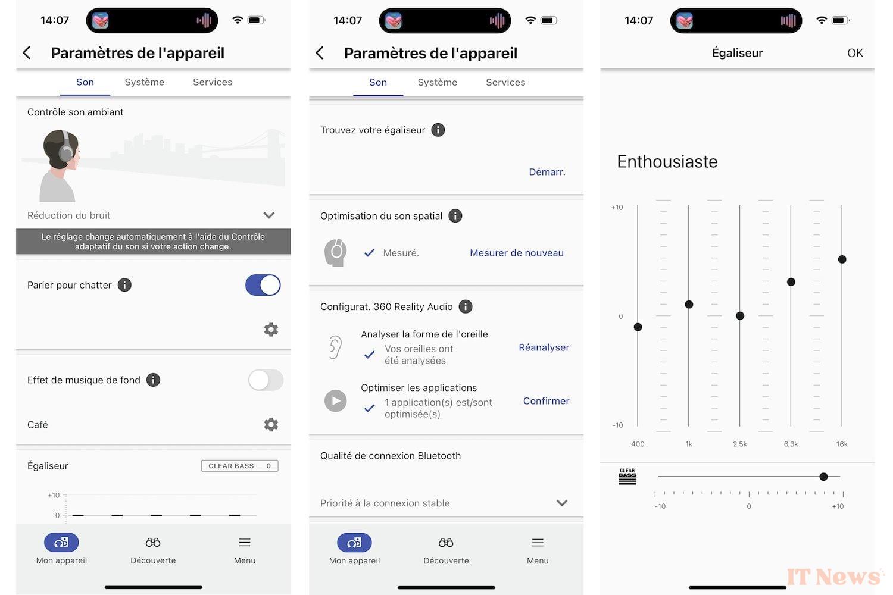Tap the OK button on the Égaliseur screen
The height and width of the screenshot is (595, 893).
pyautogui.click(x=855, y=53)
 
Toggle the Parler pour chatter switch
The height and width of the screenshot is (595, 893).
pyautogui.click(x=263, y=285)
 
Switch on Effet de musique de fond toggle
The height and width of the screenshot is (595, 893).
pyautogui.click(x=266, y=380)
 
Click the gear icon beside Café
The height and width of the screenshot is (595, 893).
pyautogui.click(x=271, y=424)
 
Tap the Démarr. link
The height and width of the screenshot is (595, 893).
pyautogui.click(x=547, y=172)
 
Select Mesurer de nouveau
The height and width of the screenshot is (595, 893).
pyautogui.click(x=517, y=253)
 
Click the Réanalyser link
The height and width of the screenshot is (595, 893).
pyautogui.click(x=544, y=347)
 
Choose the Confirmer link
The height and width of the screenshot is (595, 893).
pyautogui.click(x=546, y=401)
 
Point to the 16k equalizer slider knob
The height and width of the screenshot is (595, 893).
pyautogui.click(x=842, y=259)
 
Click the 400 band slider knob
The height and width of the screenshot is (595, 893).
pyautogui.click(x=638, y=327)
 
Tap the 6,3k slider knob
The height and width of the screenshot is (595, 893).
pyautogui.click(x=791, y=282)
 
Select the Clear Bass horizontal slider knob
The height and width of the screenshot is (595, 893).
pyautogui.click(x=823, y=477)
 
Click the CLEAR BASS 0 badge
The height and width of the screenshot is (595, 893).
pyautogui.click(x=239, y=466)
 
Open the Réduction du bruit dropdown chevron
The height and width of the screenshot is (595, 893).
pyautogui.click(x=269, y=215)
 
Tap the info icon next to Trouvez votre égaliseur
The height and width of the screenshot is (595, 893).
pyautogui.click(x=438, y=130)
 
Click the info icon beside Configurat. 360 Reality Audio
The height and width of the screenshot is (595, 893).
pyautogui.click(x=465, y=306)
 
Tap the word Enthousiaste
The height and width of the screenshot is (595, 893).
pyautogui.click(x=667, y=161)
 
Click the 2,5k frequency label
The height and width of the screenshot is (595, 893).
pyautogui.click(x=739, y=444)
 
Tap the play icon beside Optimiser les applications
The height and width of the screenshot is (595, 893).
pyautogui.click(x=335, y=401)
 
